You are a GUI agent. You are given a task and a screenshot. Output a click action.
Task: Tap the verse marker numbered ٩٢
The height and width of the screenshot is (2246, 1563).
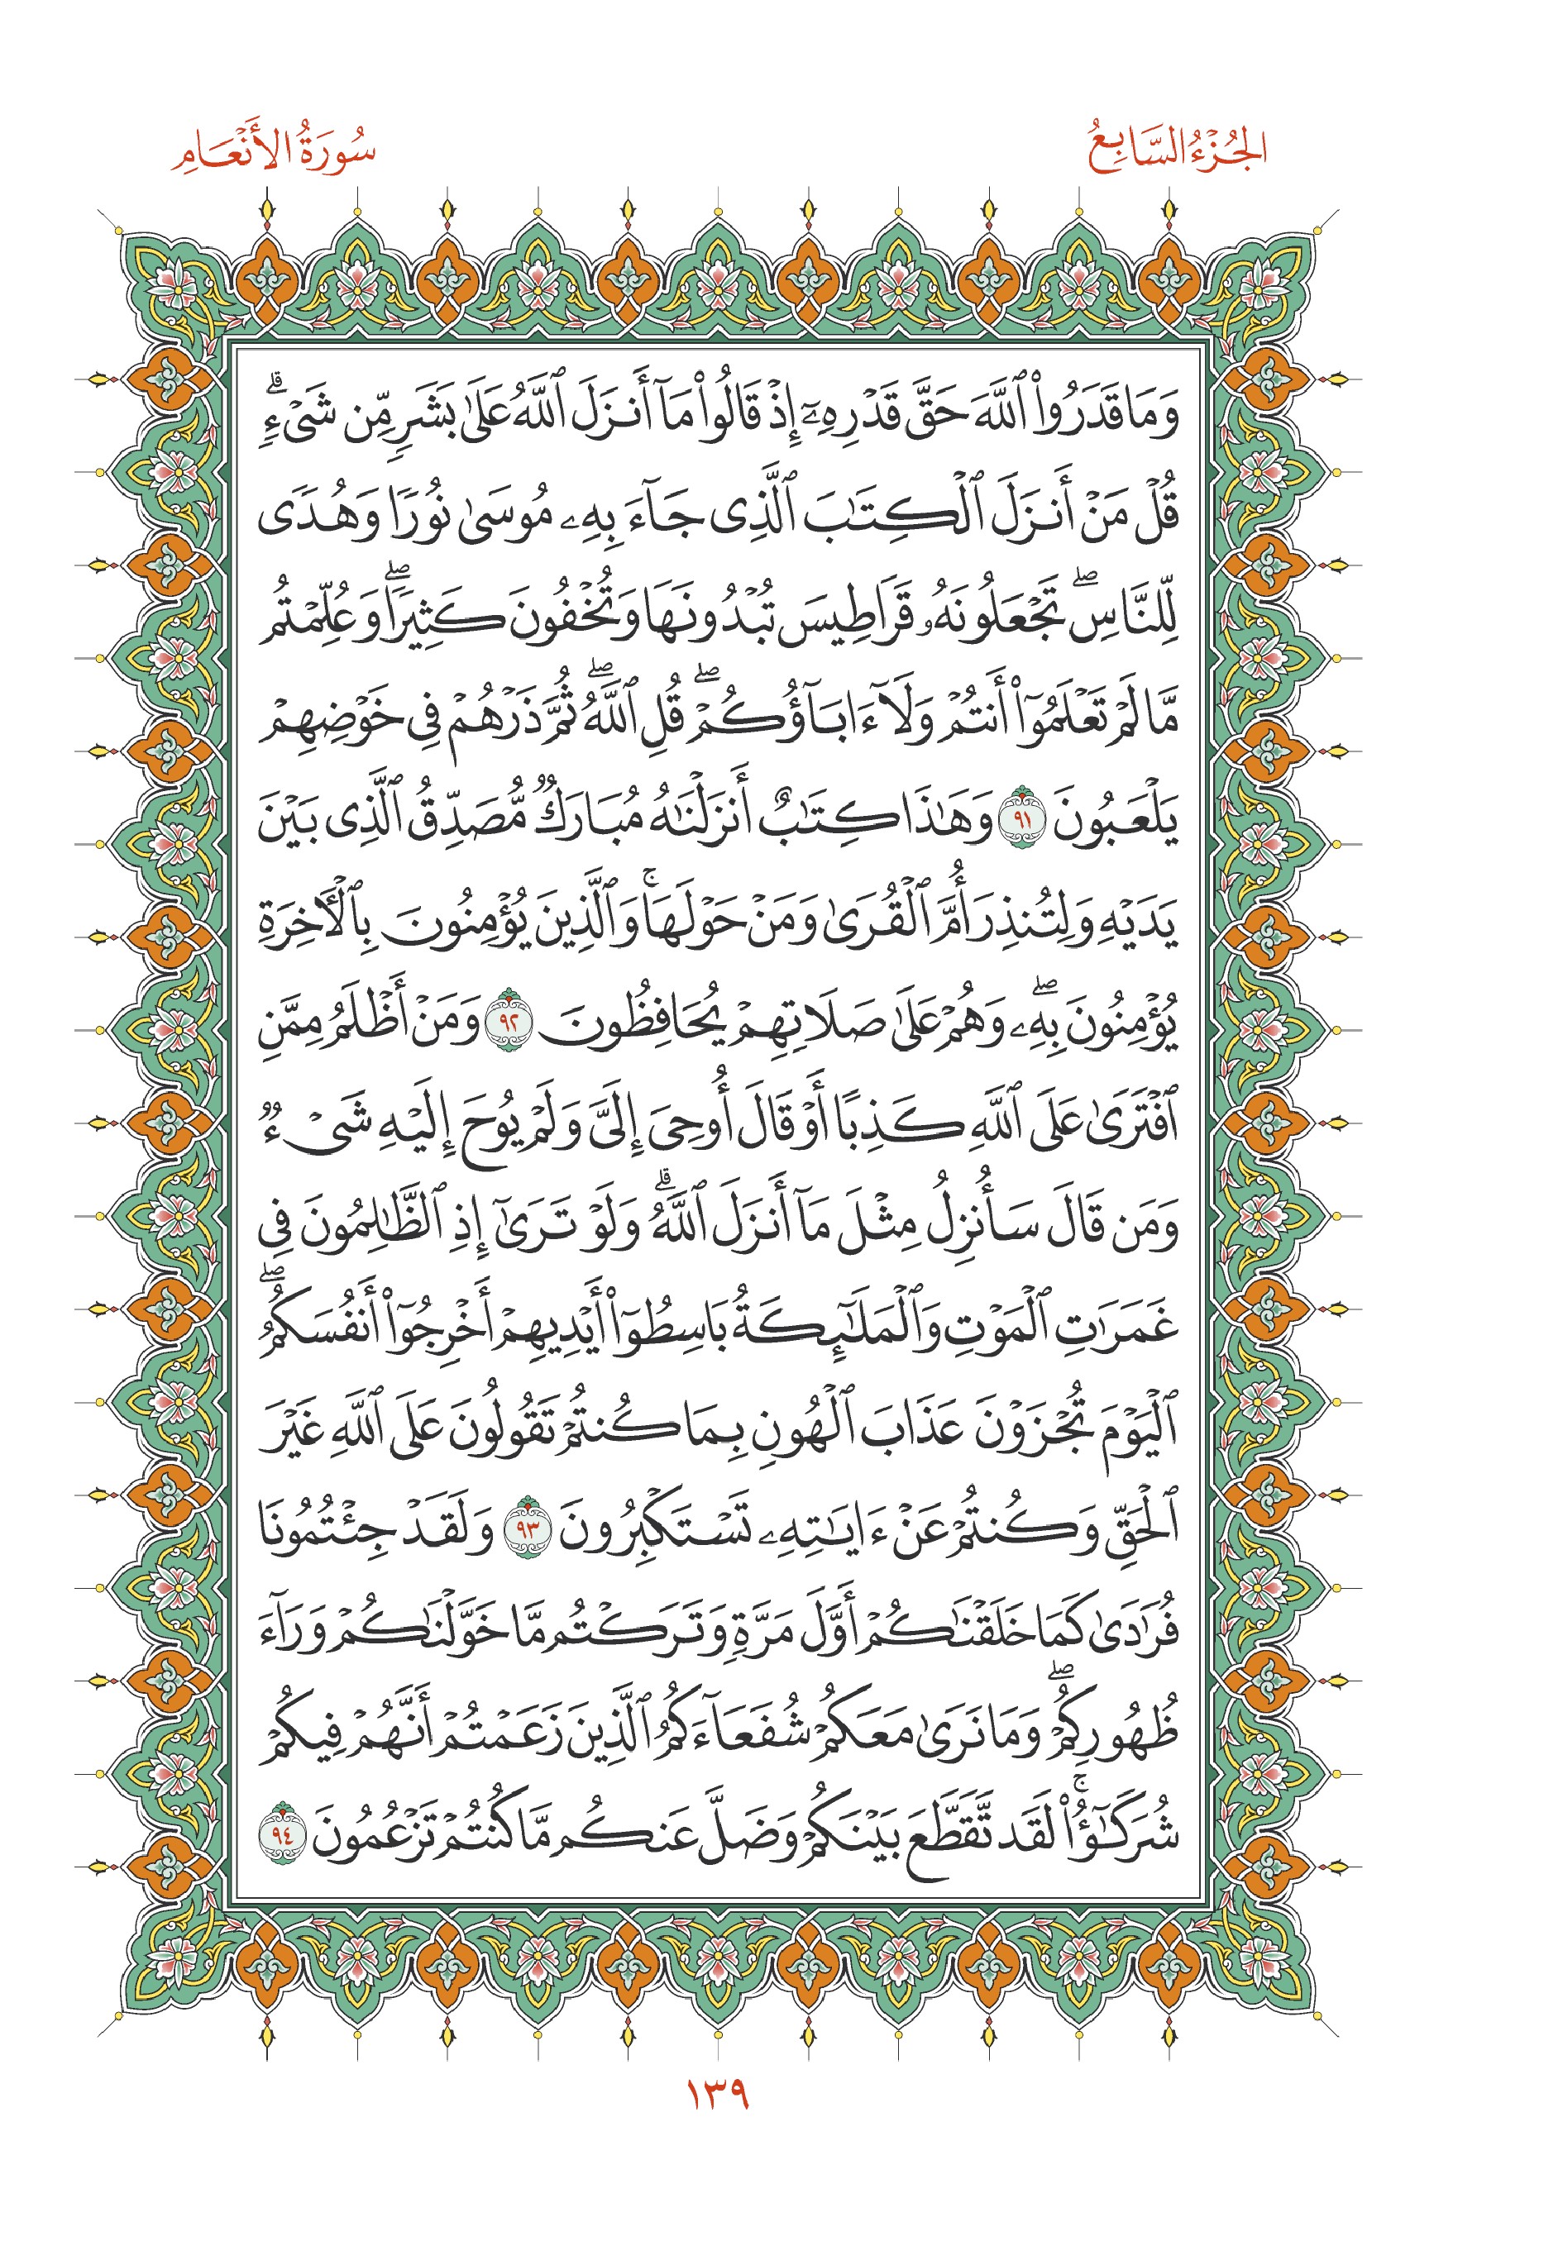[512, 1021]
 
